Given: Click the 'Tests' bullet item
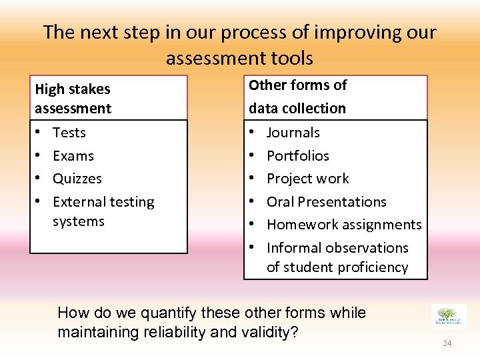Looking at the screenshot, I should tap(69, 133).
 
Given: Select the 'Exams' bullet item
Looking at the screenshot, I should tap(73, 156).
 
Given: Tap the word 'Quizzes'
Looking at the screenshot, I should tap(77, 179).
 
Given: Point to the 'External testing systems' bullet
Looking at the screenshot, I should tap(103, 211).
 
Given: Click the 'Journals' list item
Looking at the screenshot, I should tap(293, 133).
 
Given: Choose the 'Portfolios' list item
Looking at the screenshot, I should tap(297, 156).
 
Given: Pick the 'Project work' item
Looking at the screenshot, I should tap(307, 179).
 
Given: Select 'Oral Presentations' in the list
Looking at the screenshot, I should tap(326, 201).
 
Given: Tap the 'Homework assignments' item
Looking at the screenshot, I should tap(344, 225).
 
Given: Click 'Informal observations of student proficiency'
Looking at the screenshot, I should tap(337, 257).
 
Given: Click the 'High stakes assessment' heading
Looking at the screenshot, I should tap(73, 98).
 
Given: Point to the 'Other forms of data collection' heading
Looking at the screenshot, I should tap(297, 96).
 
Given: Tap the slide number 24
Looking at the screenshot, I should tap(447, 343).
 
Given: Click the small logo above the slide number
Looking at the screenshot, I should tap(449, 315).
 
